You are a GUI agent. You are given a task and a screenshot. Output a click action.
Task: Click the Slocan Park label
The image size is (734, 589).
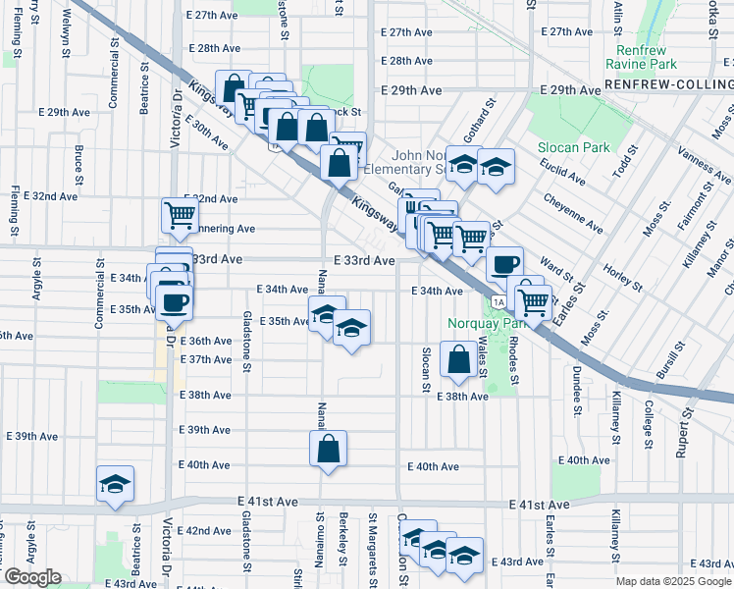click(x=574, y=147)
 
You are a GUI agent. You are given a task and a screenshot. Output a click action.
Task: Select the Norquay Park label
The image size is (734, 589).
click(x=474, y=323)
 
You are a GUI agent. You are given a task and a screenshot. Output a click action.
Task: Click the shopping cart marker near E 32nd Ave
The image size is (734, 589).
click(x=181, y=215)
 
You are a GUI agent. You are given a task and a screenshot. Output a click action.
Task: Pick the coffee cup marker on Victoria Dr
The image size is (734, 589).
click(x=174, y=301)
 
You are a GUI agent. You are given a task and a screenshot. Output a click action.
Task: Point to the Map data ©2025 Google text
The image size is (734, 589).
click(x=673, y=581)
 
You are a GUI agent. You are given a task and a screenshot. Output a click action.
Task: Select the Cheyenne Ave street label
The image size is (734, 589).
click(x=575, y=213)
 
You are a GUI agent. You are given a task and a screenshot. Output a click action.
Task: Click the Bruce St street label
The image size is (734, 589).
click(x=78, y=160)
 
